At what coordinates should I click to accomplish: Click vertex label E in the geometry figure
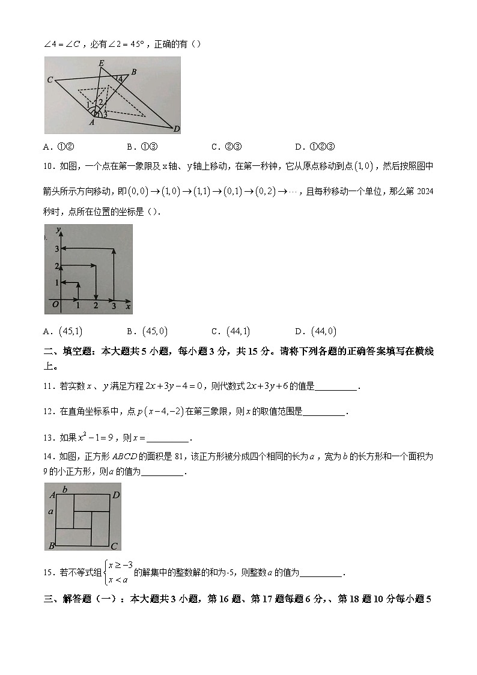[101, 63]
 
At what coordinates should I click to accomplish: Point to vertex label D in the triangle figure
[177, 129]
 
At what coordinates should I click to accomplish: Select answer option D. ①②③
[315, 146]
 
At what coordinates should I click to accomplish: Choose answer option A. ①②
[58, 146]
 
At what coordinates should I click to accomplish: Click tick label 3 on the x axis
[114, 307]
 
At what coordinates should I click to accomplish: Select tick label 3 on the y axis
[56, 249]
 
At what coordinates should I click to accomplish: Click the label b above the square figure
[65, 488]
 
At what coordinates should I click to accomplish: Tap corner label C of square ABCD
[114, 546]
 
